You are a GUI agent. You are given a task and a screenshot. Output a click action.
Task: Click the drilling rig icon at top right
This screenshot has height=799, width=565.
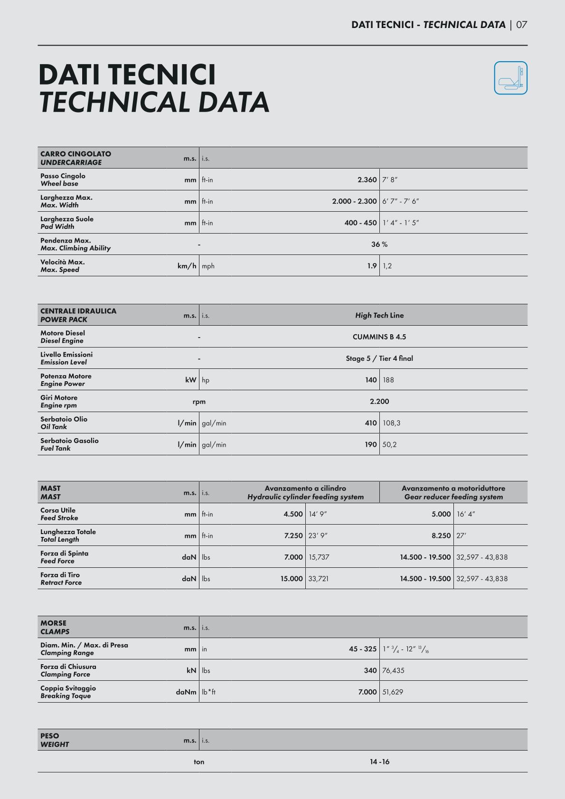tap(510, 78)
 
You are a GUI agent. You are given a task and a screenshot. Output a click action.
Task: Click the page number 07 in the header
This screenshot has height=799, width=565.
tap(521, 25)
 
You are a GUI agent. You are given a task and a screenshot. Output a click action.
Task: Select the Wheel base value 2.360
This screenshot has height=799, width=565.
tap(367, 180)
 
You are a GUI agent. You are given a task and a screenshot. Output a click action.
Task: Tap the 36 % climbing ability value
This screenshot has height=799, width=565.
tap(379, 244)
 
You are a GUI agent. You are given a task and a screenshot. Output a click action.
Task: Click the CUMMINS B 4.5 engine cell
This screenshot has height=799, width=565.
tap(379, 337)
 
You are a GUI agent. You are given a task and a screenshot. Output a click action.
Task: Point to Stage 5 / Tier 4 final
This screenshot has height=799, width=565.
tap(379, 358)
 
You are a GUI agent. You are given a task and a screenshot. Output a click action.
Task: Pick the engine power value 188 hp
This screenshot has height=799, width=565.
tap(388, 380)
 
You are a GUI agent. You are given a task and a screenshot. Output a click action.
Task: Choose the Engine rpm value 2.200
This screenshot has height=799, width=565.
tap(379, 402)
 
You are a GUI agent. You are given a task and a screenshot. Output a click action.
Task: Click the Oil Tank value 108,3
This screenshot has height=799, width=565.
tap(391, 423)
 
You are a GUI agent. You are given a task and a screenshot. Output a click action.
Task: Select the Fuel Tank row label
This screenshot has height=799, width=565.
tap(69, 444)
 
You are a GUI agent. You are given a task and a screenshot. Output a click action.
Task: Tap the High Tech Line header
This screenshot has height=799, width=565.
tap(379, 315)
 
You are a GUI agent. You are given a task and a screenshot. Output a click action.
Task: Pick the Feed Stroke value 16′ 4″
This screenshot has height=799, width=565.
tap(466, 514)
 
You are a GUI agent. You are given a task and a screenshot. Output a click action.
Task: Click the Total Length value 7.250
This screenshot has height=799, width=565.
tap(293, 536)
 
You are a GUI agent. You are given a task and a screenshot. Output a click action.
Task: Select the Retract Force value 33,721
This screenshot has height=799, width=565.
tap(319, 579)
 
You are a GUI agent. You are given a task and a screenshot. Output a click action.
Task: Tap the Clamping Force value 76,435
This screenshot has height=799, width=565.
tap(393, 670)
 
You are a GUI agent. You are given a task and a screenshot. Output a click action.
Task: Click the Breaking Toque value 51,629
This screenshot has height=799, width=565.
tap(393, 692)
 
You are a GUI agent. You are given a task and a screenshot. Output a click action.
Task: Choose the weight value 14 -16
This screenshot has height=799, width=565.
tap(379, 762)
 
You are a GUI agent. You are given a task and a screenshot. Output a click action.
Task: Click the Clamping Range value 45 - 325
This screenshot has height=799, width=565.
tap(362, 649)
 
